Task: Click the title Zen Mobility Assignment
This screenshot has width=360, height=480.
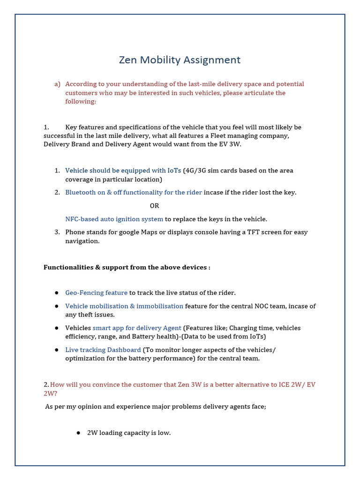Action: point(180,60)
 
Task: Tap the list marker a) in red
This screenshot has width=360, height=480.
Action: point(57,84)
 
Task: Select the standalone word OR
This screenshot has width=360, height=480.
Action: point(154,206)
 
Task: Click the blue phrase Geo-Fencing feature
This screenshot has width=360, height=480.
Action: point(96,293)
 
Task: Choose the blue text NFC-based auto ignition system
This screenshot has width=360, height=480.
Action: point(114,219)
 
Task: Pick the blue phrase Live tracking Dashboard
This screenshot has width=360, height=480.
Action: point(103,350)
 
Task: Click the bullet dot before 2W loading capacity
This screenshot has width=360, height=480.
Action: point(78,433)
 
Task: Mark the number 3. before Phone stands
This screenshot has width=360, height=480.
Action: point(57,232)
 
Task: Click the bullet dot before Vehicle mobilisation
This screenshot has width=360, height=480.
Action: point(56,306)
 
